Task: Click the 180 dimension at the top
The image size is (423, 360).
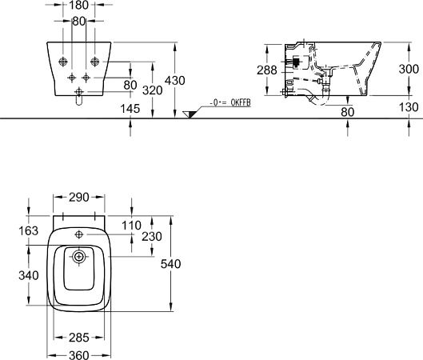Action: (79, 5)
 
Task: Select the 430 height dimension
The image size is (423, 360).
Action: (175, 81)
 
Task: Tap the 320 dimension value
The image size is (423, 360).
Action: (153, 90)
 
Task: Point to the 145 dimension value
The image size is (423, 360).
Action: (130, 109)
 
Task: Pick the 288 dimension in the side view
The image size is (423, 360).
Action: (267, 70)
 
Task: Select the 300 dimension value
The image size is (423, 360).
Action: (409, 70)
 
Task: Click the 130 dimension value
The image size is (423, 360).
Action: (409, 107)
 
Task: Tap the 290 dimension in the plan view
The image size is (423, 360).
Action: (79, 198)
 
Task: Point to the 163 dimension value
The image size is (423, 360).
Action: (29, 231)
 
